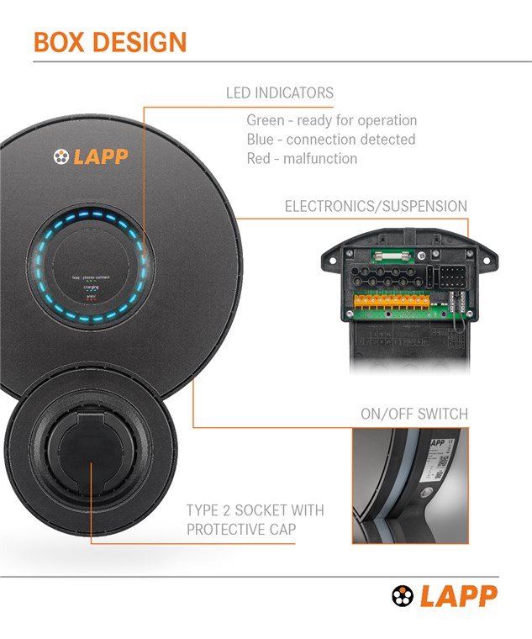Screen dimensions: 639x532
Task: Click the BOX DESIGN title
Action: coord(110,42)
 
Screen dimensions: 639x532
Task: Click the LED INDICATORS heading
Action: coord(280,93)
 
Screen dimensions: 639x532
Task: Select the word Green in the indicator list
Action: coord(265,120)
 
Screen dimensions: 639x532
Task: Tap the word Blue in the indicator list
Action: coord(260,140)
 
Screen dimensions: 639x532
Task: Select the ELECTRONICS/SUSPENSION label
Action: coord(376,206)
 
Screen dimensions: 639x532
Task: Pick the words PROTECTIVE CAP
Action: coord(240,530)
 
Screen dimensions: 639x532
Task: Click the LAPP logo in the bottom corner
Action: coord(445,596)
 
